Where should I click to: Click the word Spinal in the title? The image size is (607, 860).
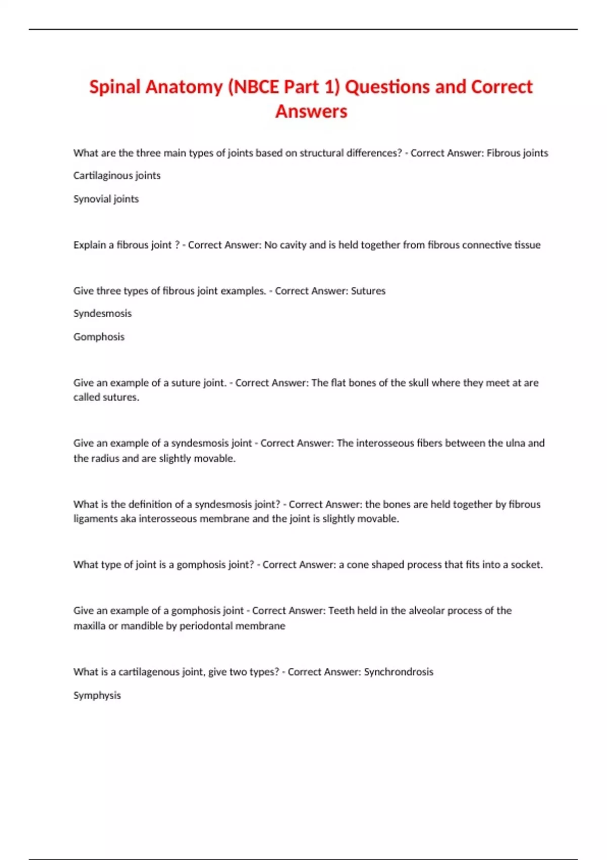pos(115,87)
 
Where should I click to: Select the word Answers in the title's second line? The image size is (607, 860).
pos(311,111)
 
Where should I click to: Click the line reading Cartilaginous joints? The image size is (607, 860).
pos(117,176)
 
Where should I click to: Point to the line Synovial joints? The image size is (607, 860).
pos(106,199)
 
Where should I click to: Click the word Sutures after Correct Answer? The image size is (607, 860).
pos(368,291)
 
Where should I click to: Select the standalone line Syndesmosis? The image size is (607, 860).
pos(102,314)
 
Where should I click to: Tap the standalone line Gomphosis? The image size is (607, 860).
pos(99,337)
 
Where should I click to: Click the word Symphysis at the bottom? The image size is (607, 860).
pos(97,696)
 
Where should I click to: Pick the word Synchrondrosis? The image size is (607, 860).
pos(399,672)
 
